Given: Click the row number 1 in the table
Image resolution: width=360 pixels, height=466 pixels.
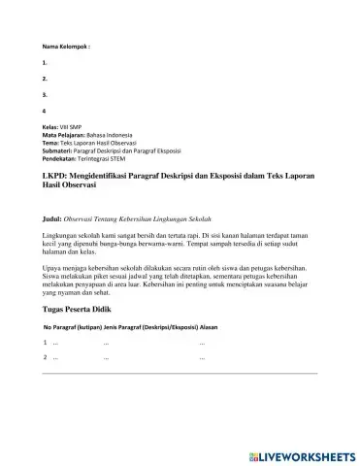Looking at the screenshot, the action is (46, 343).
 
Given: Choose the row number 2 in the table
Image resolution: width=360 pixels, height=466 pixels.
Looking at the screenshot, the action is (46, 358).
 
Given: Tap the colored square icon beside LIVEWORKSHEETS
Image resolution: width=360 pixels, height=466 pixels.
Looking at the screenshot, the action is (254, 453).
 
